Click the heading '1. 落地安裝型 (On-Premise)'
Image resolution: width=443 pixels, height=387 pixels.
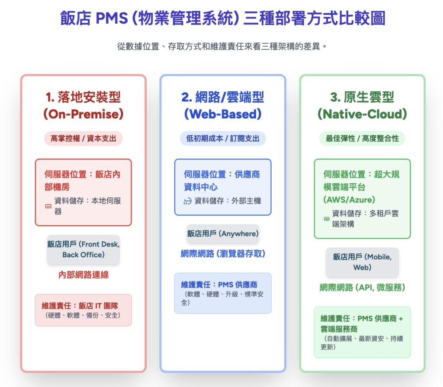tap(83, 105)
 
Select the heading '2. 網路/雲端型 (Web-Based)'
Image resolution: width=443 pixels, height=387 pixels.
tap(223, 105)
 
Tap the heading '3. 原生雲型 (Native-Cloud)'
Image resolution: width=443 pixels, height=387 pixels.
tap(362, 105)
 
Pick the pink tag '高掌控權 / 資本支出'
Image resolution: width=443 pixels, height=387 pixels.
tap(83, 138)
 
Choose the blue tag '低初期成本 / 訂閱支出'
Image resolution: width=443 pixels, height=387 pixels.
tap(223, 138)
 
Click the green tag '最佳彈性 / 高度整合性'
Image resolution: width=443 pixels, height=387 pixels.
tap(362, 138)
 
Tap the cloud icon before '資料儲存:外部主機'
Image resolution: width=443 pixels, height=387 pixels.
tap(187, 201)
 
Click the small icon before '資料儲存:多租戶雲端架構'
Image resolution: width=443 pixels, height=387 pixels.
tap(327, 219)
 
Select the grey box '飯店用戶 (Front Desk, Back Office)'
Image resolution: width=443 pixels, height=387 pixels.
tap(83, 249)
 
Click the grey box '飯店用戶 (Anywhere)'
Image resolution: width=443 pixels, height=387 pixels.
tap(223, 233)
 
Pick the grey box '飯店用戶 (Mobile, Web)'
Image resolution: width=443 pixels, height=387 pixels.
tap(362, 262)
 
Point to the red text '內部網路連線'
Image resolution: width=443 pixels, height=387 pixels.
tap(83, 275)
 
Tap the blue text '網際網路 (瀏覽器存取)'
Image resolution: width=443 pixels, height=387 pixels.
tap(223, 254)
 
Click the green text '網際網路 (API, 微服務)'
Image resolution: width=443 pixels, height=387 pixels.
tap(362, 287)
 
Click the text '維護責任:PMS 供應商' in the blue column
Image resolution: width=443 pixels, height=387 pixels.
tap(219, 285)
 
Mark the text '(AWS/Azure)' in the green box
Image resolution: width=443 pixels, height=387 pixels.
tap(349, 199)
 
